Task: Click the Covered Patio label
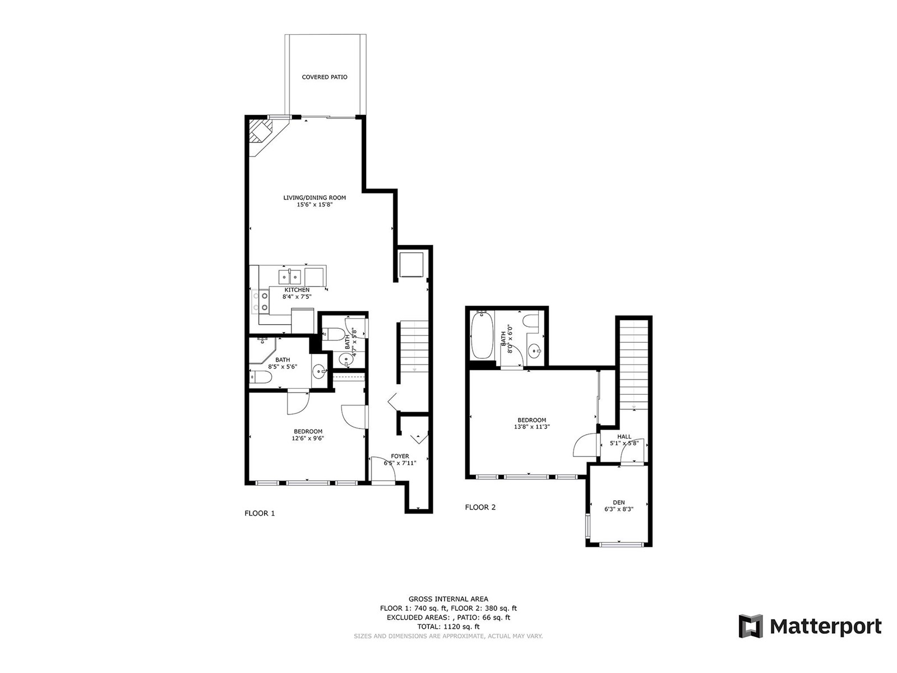tap(325, 77)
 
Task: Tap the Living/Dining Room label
tap(315, 198)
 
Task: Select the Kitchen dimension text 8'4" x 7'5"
tap(297, 297)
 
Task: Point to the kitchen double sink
tap(290, 276)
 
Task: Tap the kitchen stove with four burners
tap(260, 301)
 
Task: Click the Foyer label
tap(400, 456)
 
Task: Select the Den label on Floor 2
tap(619, 503)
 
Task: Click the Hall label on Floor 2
tap(624, 436)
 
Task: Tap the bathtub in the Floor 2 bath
tap(483, 335)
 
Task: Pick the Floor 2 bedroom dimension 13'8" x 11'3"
tap(531, 427)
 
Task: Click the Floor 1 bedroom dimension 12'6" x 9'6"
tap(308, 439)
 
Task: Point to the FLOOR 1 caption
tap(260, 514)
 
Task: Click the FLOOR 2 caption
tap(480, 508)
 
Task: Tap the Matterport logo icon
tap(751, 626)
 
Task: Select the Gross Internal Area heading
tap(449, 600)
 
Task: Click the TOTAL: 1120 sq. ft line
tap(449, 627)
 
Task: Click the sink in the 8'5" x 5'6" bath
tap(319, 371)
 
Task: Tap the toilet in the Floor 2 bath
tap(531, 321)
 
